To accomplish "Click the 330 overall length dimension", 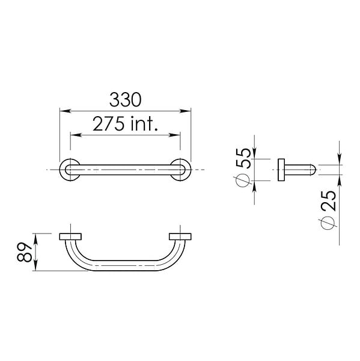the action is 125,100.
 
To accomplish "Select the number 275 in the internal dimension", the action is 109,123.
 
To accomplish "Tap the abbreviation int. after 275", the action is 144,123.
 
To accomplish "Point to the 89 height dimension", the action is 25,252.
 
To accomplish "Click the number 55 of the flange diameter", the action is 243,158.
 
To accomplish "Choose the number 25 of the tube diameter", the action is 329,200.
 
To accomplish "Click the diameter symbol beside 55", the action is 242,180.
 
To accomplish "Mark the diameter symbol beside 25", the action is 328,223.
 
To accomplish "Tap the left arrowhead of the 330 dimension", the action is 65,111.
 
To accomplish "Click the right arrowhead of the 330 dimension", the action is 185,111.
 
